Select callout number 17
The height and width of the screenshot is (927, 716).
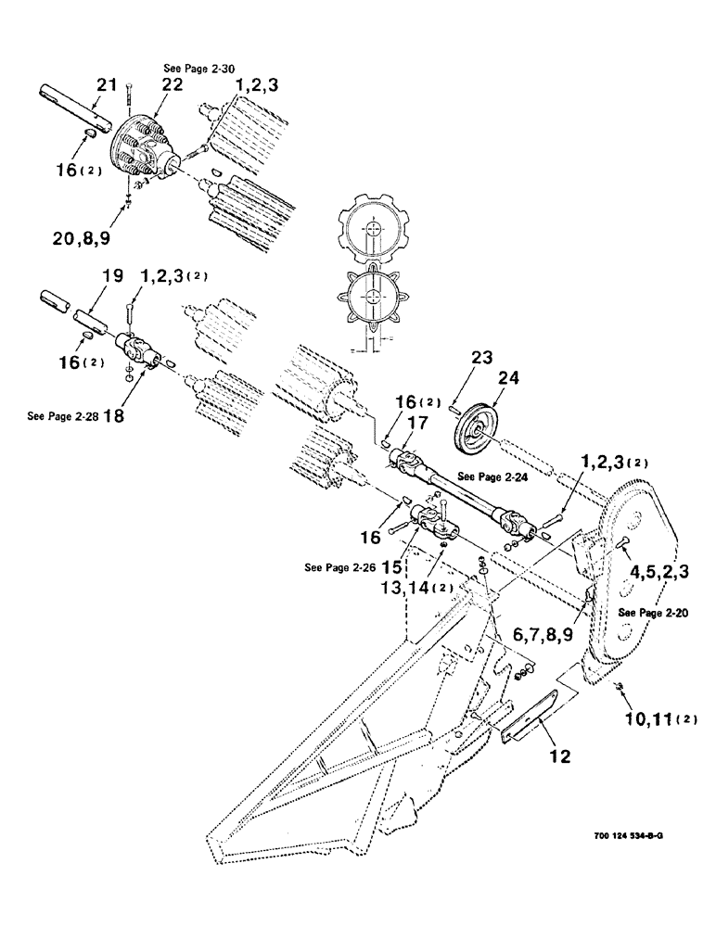coord(414,422)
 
